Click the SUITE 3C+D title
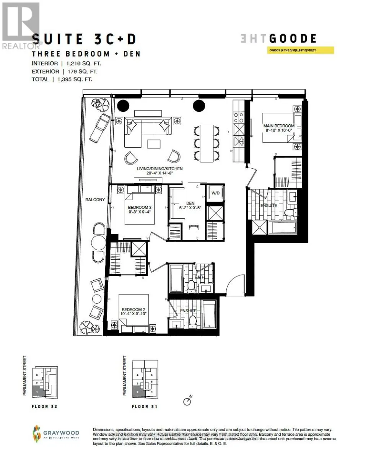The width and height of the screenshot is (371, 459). point(84,39)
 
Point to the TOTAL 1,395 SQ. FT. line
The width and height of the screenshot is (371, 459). point(62,79)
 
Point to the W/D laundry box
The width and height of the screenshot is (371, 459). point(216,193)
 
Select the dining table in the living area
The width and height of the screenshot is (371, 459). point(207,143)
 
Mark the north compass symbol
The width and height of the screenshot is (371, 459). point(187,401)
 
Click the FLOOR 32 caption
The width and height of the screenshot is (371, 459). point(44,407)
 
